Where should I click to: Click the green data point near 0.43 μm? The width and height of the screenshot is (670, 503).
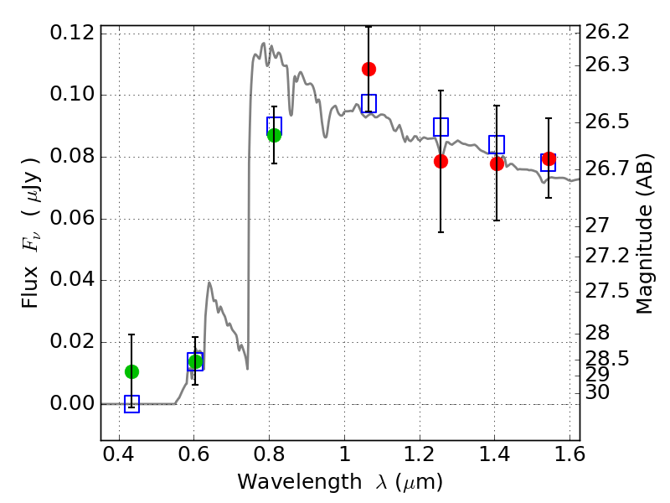(x=131, y=371)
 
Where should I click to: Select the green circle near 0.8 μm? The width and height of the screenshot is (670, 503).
(x=274, y=135)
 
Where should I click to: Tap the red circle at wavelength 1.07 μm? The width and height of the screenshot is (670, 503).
(x=368, y=69)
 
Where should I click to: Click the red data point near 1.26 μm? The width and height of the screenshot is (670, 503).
(x=441, y=161)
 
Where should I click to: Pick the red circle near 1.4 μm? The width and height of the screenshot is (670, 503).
(x=497, y=163)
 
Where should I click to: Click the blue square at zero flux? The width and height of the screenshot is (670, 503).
(x=131, y=404)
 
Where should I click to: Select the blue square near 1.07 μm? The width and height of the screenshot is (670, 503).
(x=368, y=103)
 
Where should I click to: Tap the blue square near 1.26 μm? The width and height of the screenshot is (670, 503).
(x=441, y=127)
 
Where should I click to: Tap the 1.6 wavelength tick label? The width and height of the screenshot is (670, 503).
(x=569, y=457)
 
